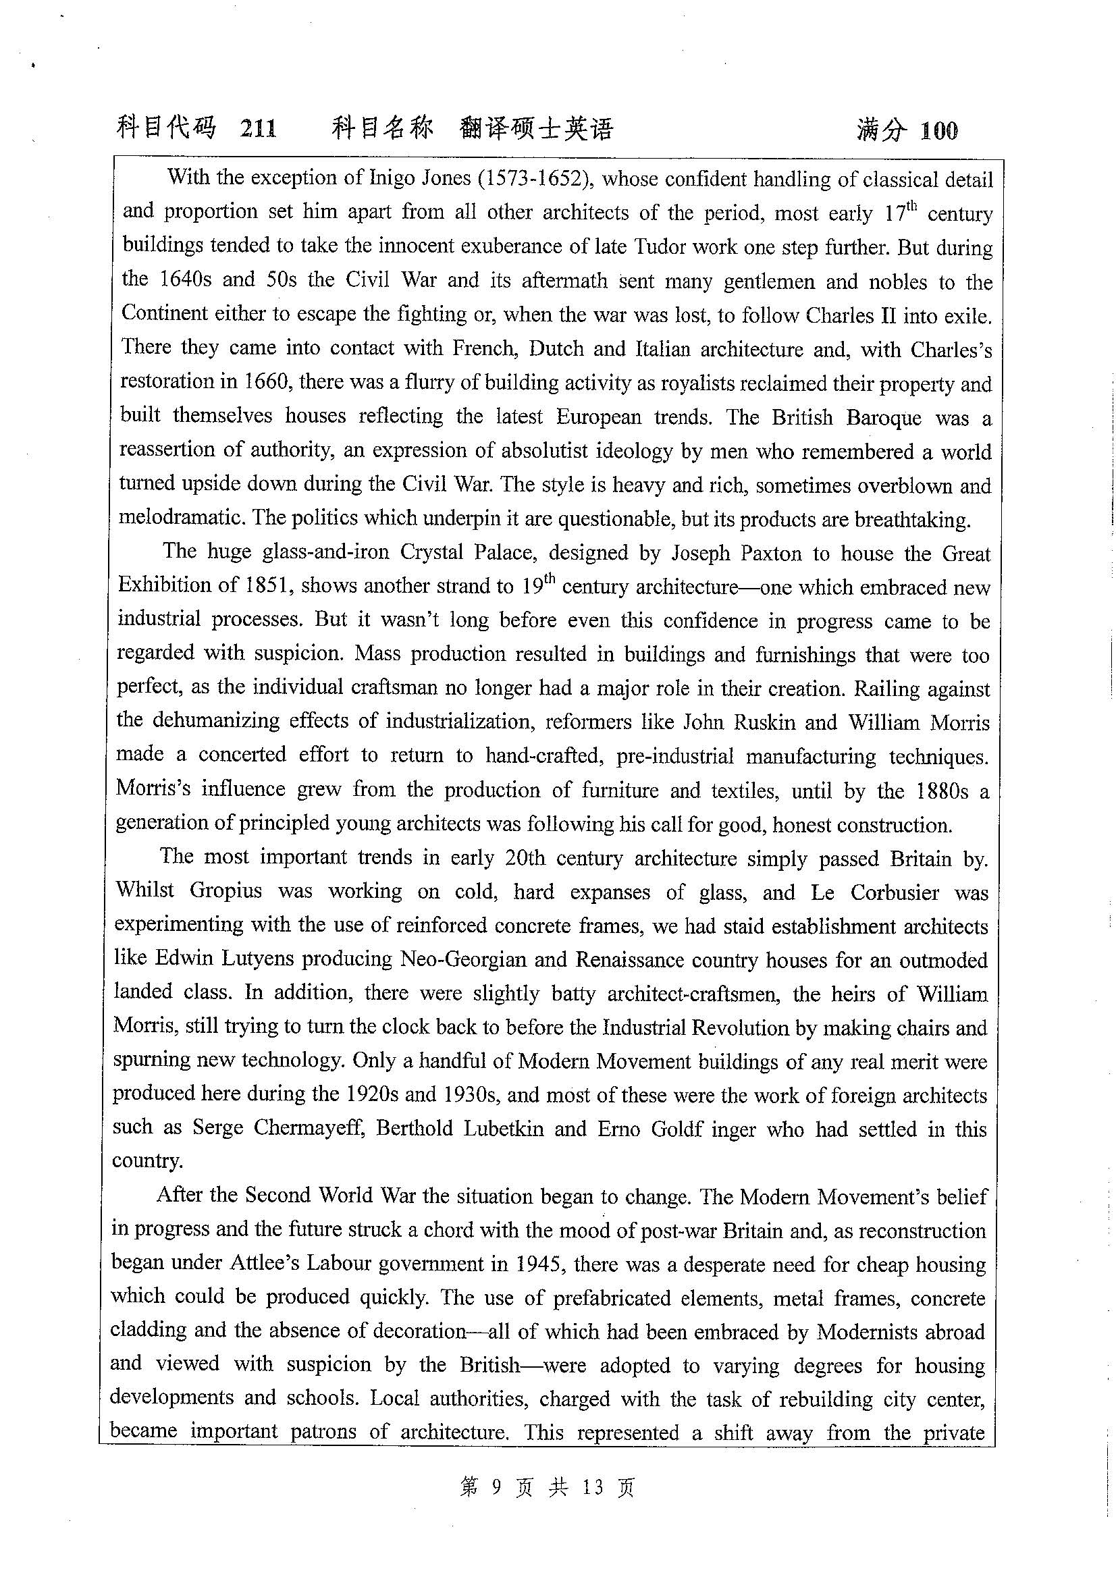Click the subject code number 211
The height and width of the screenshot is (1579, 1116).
259,129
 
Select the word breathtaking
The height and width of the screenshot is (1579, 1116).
912,519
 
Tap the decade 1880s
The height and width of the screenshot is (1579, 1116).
942,791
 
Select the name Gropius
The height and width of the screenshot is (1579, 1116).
225,890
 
